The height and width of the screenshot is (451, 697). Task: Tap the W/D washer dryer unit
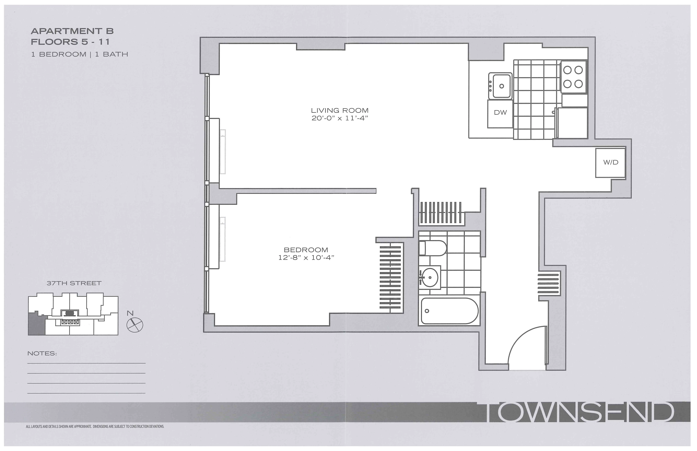[611, 162]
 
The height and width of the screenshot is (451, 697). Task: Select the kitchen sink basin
[501, 86]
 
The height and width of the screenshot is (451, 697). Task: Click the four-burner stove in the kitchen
[573, 77]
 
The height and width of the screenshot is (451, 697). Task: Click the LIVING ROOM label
[340, 110]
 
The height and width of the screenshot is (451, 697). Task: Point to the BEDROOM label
[306, 250]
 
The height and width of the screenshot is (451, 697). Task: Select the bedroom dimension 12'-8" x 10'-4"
[306, 258]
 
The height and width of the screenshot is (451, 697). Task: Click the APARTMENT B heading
[72, 31]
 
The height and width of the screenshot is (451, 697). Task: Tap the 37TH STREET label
[74, 283]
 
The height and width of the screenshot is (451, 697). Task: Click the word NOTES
[42, 353]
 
